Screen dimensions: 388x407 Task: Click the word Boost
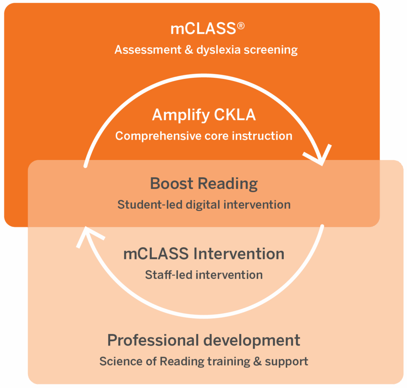click(171, 184)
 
